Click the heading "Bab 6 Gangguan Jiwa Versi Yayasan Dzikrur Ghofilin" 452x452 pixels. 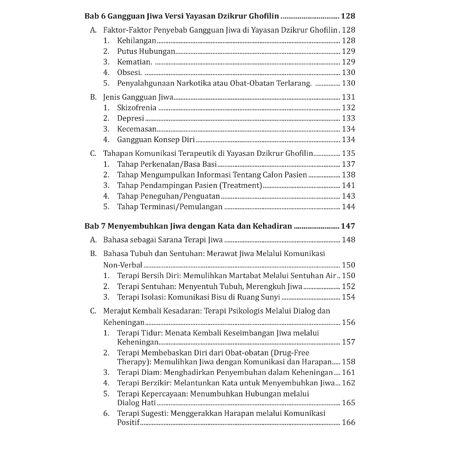pyautogui.click(x=181, y=16)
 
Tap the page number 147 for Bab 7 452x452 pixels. pyautogui.click(x=348, y=226)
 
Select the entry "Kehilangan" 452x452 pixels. pyautogui.click(x=136, y=41)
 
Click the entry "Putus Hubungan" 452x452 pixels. pyautogui.click(x=146, y=51)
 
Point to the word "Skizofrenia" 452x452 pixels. pyautogui.click(x=136, y=108)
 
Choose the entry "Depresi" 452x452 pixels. pyautogui.click(x=131, y=118)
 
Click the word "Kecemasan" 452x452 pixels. pyautogui.click(x=136, y=129)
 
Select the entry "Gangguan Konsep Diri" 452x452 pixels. pyautogui.click(x=156, y=139)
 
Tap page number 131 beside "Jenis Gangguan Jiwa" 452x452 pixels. pyautogui.click(x=348, y=97)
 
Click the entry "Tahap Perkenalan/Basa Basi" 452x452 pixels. pyautogui.click(x=167, y=164)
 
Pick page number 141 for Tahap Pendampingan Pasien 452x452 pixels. pyautogui.click(x=348, y=185)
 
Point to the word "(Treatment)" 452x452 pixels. pyautogui.click(x=241, y=185)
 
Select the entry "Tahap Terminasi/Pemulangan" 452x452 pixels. pyautogui.click(x=170, y=207)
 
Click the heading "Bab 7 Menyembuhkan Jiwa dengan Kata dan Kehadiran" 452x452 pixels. pyautogui.click(x=188, y=226)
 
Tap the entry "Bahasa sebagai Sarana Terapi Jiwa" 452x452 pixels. pyautogui.click(x=163, y=240)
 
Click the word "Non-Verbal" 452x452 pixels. pyautogui.click(x=123, y=265)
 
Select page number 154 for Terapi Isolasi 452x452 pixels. pyautogui.click(x=348, y=297)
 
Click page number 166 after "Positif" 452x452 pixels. pyautogui.click(x=348, y=422)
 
